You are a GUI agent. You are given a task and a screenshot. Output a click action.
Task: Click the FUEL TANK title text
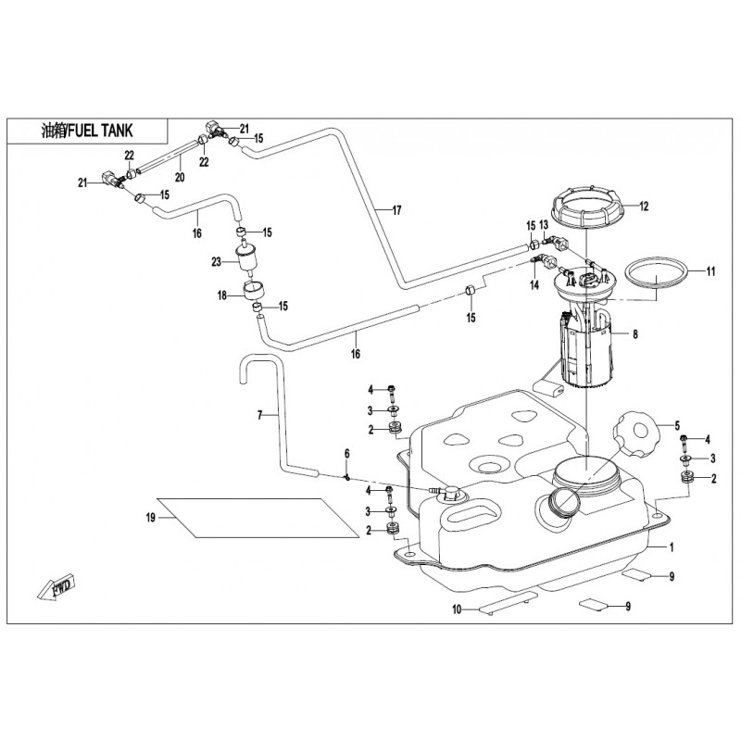point(89,132)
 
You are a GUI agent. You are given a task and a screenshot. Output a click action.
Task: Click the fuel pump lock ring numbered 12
point(589,210)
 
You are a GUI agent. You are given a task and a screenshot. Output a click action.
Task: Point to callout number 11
point(711,271)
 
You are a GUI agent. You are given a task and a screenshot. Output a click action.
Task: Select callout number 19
point(149,519)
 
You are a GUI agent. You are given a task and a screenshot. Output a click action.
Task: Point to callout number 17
point(396,211)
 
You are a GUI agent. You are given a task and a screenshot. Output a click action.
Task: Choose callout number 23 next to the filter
point(216,262)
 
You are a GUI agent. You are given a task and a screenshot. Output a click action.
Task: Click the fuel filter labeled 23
point(247,258)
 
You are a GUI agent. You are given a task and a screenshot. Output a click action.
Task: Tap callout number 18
point(222,295)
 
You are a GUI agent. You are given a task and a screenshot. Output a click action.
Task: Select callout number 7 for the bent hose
point(260,416)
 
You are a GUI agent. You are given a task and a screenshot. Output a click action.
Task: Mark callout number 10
point(457,609)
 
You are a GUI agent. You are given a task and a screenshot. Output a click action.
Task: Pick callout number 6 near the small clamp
point(347,453)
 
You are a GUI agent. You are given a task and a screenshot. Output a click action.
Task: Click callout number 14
point(534,287)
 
